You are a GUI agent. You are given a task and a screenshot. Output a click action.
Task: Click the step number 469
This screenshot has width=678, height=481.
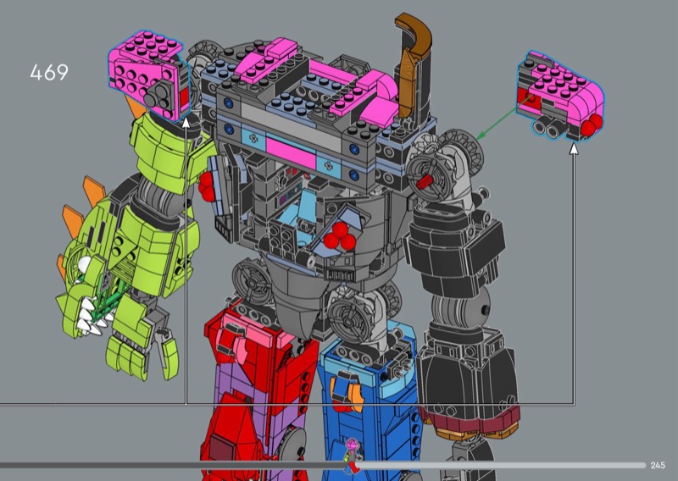(x=49, y=73)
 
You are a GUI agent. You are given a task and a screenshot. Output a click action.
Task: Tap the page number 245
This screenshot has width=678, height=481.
(x=658, y=465)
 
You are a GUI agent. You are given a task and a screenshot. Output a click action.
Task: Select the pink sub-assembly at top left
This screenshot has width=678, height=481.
(x=147, y=75)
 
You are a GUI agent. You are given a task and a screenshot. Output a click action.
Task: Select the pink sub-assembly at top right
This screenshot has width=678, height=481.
(x=560, y=95)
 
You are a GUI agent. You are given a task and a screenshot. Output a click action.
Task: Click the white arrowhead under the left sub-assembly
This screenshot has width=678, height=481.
(x=186, y=122)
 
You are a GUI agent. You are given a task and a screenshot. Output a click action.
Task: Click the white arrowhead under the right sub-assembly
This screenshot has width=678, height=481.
(x=574, y=149)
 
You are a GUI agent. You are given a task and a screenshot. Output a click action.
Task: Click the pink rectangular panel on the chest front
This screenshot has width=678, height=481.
(x=291, y=152)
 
